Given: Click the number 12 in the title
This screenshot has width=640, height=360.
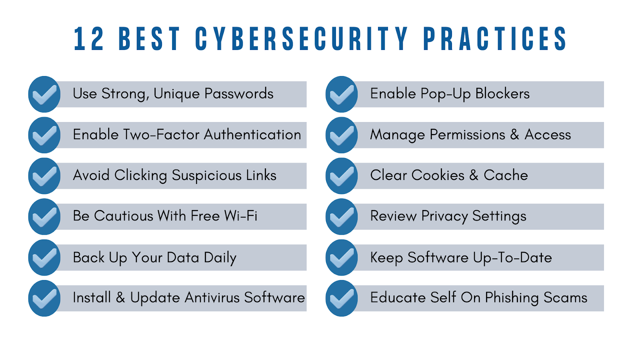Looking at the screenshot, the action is tap(89, 39).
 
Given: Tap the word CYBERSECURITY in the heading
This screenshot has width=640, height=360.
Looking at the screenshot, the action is tap(302, 39).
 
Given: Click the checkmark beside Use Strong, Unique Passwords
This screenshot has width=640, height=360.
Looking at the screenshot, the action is tap(44, 94).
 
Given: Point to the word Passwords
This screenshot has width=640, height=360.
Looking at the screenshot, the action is tap(239, 94).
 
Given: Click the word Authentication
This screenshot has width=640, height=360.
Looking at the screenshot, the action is tap(252, 134).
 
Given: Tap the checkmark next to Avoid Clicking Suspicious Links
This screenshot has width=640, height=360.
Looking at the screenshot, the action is tap(44, 176).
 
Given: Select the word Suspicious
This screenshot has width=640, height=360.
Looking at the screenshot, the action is tap(206, 176).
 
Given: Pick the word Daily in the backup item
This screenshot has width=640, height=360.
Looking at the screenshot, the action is tap(220, 258).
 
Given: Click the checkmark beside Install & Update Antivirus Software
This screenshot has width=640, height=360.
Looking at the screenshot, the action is tap(44, 298).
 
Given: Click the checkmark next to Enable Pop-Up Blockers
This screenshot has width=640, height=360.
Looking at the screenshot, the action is tap(342, 94).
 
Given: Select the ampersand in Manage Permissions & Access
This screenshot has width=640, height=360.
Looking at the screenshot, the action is tap(514, 134).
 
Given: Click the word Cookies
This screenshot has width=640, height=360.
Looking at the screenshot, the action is tap(438, 175).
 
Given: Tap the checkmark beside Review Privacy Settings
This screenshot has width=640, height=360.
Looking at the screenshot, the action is tap(342, 216).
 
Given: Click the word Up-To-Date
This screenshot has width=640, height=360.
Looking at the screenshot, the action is tap(512, 258).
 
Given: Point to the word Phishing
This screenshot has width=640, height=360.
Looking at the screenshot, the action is tap(512, 298).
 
